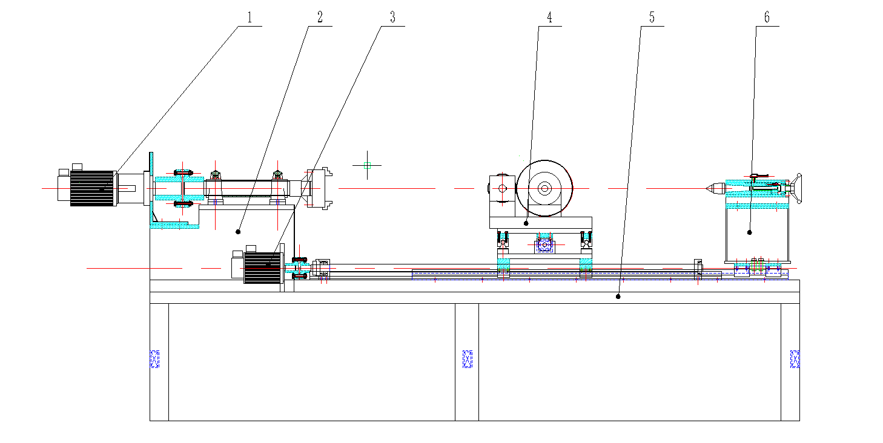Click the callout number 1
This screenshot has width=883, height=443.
[249, 18]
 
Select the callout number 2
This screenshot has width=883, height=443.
[320, 18]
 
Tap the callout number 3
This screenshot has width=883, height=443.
[392, 18]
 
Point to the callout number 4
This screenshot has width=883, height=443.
[549, 18]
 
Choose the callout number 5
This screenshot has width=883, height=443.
[652, 18]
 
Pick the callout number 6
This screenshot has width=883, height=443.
[767, 18]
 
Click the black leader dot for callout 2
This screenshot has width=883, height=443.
[239, 231]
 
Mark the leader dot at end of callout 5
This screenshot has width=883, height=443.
[618, 297]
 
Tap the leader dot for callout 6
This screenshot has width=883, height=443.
[750, 232]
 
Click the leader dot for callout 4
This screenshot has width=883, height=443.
[527, 223]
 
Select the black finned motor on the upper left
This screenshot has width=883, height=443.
[93, 188]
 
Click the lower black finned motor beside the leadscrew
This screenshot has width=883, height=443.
[261, 267]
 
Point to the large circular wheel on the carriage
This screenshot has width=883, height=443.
[544, 188]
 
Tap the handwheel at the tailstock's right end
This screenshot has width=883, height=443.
[797, 189]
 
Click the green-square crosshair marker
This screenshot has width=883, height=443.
[367, 165]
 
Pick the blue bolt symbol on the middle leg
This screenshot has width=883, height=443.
[467, 359]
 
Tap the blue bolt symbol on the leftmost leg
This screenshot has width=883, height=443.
[154, 359]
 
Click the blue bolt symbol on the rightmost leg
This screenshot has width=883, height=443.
[795, 359]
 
